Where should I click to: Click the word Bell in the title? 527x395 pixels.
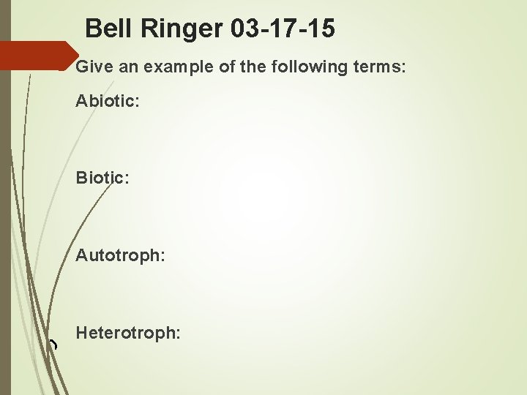pyautogui.click(x=107, y=29)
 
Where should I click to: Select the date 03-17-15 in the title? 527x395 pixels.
pyautogui.click(x=282, y=29)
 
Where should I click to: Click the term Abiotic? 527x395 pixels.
pyautogui.click(x=108, y=101)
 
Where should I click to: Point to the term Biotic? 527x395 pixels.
pyautogui.click(x=102, y=178)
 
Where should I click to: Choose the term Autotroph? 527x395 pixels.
pyautogui.click(x=120, y=255)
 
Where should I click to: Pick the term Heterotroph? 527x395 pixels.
pyautogui.click(x=128, y=333)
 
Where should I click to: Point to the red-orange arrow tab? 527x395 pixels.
pyautogui.click(x=37, y=56)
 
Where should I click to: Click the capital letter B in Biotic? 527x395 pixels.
pyautogui.click(x=81, y=178)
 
